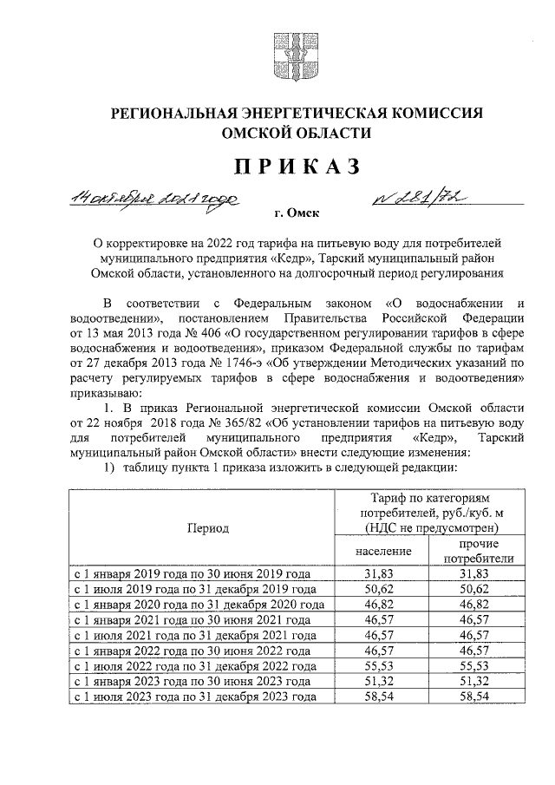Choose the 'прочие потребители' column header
pyautogui.click(x=479, y=552)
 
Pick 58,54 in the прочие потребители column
pyautogui.click(x=479, y=696)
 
